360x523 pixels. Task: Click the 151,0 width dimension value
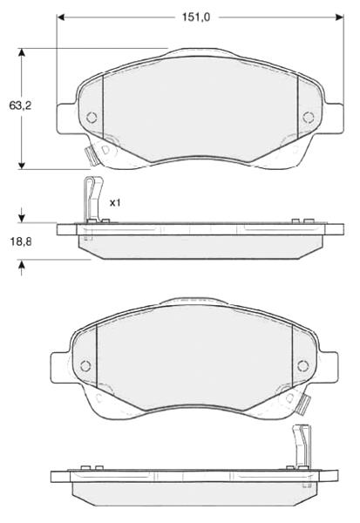click(x=196, y=17)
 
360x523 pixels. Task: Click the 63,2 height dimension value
click(x=20, y=105)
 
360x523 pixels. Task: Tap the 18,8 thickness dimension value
click(x=21, y=241)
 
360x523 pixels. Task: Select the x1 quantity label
click(x=115, y=202)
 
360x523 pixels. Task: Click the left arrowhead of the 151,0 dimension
click(x=61, y=17)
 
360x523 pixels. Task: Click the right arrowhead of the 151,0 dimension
click(x=340, y=17)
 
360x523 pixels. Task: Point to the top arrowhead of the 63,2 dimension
click(x=22, y=52)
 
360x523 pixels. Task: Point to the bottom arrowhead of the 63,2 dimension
click(x=22, y=165)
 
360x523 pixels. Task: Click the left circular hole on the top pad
click(x=92, y=117)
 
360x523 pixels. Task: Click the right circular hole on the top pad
click(x=309, y=117)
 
